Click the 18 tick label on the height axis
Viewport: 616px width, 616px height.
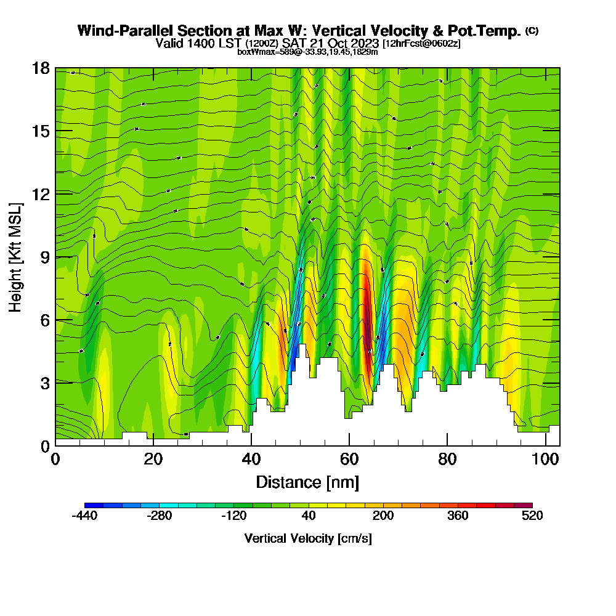[41, 68]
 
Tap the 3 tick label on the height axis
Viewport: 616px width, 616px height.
[45, 383]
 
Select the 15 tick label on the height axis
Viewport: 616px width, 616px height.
[41, 131]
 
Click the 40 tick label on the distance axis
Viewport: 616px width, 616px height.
[251, 459]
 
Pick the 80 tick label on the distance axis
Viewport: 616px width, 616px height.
[447, 459]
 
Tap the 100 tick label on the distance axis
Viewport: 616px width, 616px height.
[546, 459]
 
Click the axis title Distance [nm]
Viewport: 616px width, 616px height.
[307, 482]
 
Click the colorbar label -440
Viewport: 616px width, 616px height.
[84, 516]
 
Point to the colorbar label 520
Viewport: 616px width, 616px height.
[532, 516]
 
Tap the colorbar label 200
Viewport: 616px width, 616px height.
[383, 516]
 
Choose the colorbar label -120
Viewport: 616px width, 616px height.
[233, 516]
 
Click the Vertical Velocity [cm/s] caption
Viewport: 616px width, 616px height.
[307, 538]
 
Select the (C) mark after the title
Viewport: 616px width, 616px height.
[532, 30]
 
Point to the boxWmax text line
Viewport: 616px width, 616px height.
[307, 52]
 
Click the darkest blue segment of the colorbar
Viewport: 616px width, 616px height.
[94, 506]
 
